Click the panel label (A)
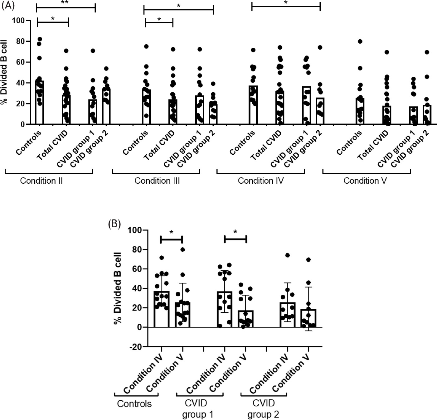coord(8,6)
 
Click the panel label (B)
coord(114,224)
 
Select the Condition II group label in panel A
coord(41,181)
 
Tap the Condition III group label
coord(157,181)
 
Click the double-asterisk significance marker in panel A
coord(65,3)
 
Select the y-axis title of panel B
coord(118,287)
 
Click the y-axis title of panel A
coord(4,72)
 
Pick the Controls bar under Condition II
coord(39,103)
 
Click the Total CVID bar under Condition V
coord(387,115)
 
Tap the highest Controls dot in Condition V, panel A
coord(360,41)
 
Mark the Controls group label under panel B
coord(134,404)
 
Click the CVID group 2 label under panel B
coord(263,409)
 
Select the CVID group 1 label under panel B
coord(197,409)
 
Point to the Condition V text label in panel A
coord(365,181)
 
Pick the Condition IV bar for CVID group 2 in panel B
coord(287,315)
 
